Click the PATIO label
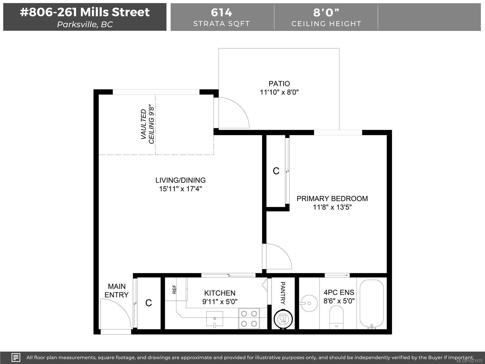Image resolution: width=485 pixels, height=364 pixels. point(279,83)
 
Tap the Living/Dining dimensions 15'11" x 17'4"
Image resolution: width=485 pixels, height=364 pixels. point(180,189)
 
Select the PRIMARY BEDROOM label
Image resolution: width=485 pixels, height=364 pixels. point(332,199)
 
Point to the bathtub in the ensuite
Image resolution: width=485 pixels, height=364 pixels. point(371,303)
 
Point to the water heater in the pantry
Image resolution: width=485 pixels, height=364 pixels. point(283,319)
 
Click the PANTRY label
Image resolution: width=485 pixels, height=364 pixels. point(283,293)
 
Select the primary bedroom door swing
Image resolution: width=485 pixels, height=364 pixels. point(277,256)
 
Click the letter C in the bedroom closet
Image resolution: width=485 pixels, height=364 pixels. point(276,171)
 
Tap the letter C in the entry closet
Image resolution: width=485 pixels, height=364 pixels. point(149,303)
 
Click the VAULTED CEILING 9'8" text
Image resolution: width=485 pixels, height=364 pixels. point(147,124)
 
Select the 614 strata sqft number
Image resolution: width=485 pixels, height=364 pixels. point(222,12)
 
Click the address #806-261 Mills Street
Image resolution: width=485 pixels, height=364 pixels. point(85,12)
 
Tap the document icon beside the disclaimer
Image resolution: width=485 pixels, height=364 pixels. point(16,357)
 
